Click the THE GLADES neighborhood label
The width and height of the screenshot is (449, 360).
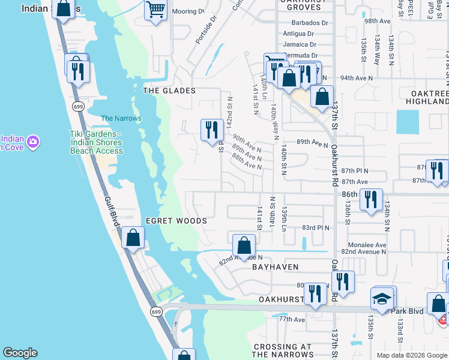(169, 91)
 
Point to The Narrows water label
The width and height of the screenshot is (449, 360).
(121, 118)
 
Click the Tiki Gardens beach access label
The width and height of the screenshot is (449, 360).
(96, 142)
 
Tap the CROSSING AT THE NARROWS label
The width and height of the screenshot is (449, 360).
(283, 350)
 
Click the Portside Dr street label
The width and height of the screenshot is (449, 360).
(205, 34)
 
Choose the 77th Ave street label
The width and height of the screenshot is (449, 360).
(292, 319)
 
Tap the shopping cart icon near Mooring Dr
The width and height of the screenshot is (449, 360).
(155, 10)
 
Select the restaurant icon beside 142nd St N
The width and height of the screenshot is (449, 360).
(211, 130)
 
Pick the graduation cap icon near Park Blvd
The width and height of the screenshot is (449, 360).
(382, 298)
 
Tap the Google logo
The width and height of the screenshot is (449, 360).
(20, 353)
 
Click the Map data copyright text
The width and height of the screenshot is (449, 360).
(411, 355)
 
